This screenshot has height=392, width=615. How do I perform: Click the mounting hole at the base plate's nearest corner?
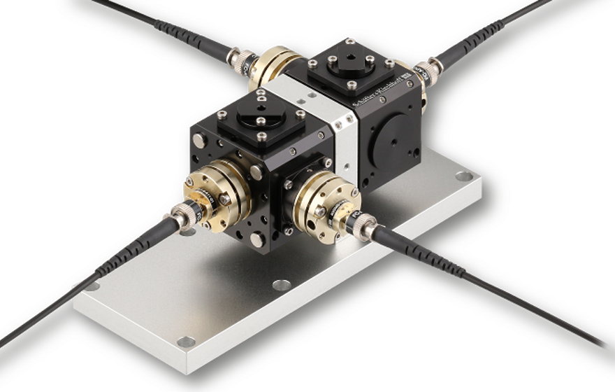186,342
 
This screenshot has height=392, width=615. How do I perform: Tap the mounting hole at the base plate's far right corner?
463,176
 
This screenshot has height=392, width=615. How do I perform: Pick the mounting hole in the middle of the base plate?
282,285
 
